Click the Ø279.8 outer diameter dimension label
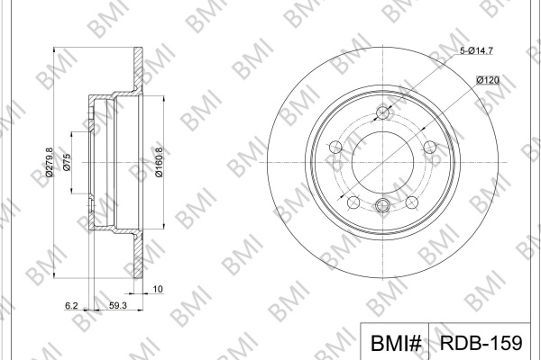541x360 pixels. point(50,162)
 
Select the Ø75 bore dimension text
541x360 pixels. point(67,163)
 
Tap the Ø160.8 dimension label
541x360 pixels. point(159,162)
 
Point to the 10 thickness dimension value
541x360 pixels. point(158,289)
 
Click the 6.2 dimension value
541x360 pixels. point(71,305)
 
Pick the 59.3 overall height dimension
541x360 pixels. point(118,305)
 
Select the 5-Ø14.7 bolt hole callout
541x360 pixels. point(476,50)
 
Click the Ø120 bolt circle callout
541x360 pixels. point(488,80)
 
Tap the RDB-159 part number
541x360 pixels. point(481,342)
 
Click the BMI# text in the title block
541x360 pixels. point(396,343)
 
